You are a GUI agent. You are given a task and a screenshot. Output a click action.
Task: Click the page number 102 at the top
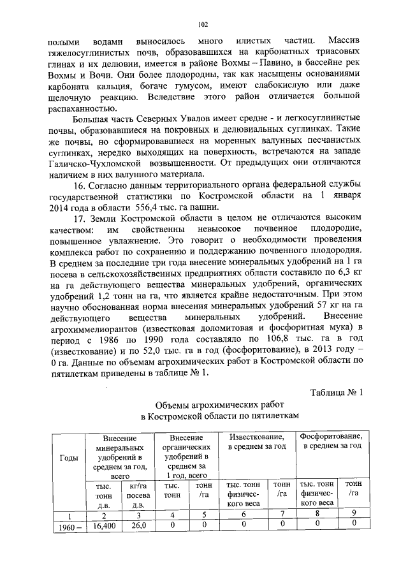coord(204,25)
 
